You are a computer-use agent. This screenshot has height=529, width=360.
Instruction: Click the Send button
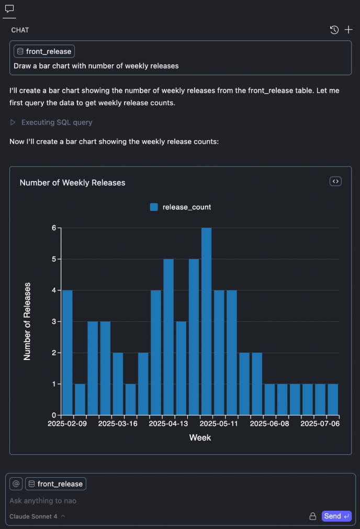pyautogui.click(x=336, y=516)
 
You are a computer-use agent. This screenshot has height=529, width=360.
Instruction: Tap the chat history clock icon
pyautogui.click(x=334, y=30)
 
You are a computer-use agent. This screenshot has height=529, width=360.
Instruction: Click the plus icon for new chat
pyautogui.click(x=348, y=30)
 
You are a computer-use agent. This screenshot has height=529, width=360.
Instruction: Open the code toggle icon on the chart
pyautogui.click(x=335, y=181)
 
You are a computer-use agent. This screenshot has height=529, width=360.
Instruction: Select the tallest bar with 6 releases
pyautogui.click(x=206, y=321)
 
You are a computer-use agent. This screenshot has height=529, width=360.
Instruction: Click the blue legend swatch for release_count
pyautogui.click(x=154, y=207)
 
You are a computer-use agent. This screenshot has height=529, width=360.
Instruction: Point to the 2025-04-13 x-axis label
pyautogui.click(x=168, y=423)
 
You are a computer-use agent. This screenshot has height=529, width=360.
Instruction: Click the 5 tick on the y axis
pyautogui.click(x=53, y=259)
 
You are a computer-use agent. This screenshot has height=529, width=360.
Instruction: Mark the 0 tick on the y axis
pyautogui.click(x=53, y=415)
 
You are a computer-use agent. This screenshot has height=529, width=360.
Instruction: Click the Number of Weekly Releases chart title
pyautogui.click(x=72, y=183)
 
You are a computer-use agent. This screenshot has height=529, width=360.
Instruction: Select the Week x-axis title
pyautogui.click(x=200, y=437)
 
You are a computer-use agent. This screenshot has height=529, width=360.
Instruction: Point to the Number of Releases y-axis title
pyautogui.click(x=28, y=321)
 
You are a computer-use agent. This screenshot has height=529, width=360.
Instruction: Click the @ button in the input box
pyautogui.click(x=16, y=484)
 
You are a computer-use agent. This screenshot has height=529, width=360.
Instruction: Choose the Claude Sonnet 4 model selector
pyautogui.click(x=37, y=516)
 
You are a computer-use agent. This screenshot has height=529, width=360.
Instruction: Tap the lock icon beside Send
pyautogui.click(x=313, y=516)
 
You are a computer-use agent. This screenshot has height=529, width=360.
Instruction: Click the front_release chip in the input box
pyautogui.click(x=55, y=484)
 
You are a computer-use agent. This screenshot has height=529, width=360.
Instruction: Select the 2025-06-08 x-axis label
pyautogui.click(x=270, y=423)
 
